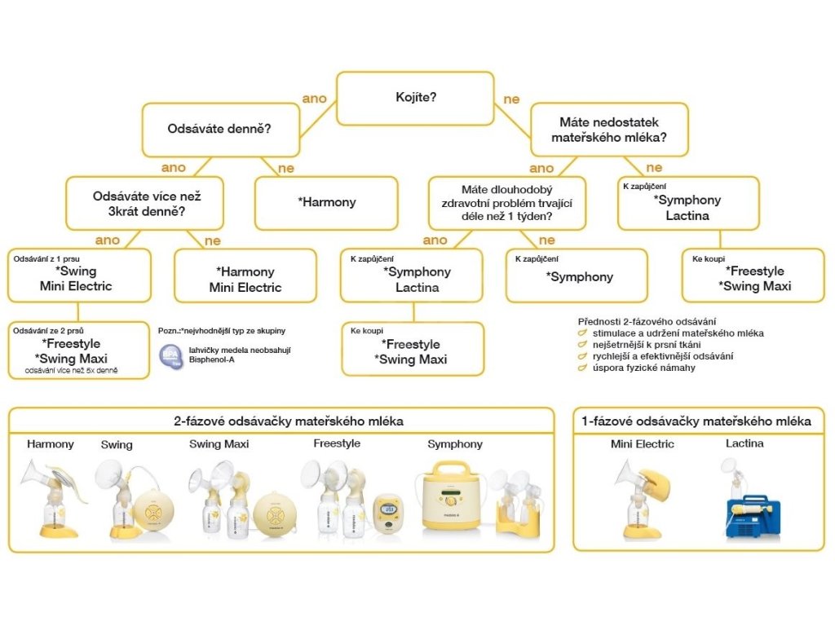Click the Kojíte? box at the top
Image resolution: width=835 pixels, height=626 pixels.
point(415,98)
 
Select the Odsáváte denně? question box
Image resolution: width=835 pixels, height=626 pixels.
point(220,130)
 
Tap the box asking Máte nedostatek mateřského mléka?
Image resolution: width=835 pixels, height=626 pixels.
point(608,130)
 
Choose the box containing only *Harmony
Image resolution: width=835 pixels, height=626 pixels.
point(326,203)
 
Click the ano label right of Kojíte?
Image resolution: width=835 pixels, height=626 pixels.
point(314,99)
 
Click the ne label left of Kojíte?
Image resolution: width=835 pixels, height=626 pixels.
point(511,99)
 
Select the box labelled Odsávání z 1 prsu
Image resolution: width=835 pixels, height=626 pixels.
point(79,276)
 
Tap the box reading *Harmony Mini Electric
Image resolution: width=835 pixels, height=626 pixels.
point(245,276)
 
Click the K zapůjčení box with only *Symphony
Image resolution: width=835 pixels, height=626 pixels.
point(577,276)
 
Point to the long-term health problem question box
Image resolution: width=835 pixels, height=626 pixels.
point(507,203)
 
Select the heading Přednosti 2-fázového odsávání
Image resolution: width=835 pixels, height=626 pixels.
point(647,320)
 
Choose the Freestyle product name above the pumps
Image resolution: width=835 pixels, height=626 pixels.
point(336,443)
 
